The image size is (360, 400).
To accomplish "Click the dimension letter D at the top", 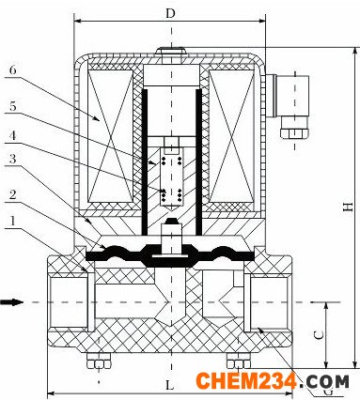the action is (x=170, y=14).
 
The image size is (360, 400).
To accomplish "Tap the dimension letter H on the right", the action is (x=348, y=207).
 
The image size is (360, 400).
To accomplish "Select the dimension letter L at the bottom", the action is (x=170, y=385).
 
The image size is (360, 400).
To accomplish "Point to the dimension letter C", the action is (x=319, y=335).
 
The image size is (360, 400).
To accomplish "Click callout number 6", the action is (x=12, y=69).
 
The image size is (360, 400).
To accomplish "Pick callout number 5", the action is (x=12, y=106).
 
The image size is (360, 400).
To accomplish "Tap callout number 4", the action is (x=12, y=136).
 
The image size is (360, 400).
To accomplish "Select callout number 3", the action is (x=12, y=159).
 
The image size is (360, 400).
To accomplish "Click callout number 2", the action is (x=12, y=194).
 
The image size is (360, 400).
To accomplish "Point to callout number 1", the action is (x=12, y=221).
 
